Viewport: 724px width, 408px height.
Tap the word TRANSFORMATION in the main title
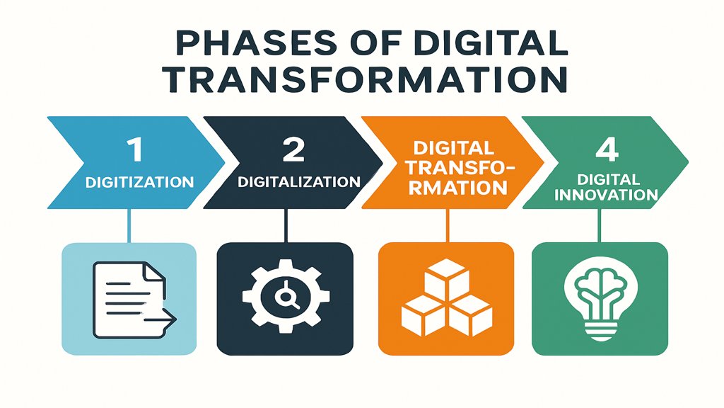(362, 79)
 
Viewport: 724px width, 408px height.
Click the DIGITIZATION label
(139, 182)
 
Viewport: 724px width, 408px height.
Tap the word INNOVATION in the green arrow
(607, 194)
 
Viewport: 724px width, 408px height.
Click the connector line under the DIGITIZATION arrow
(128, 225)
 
